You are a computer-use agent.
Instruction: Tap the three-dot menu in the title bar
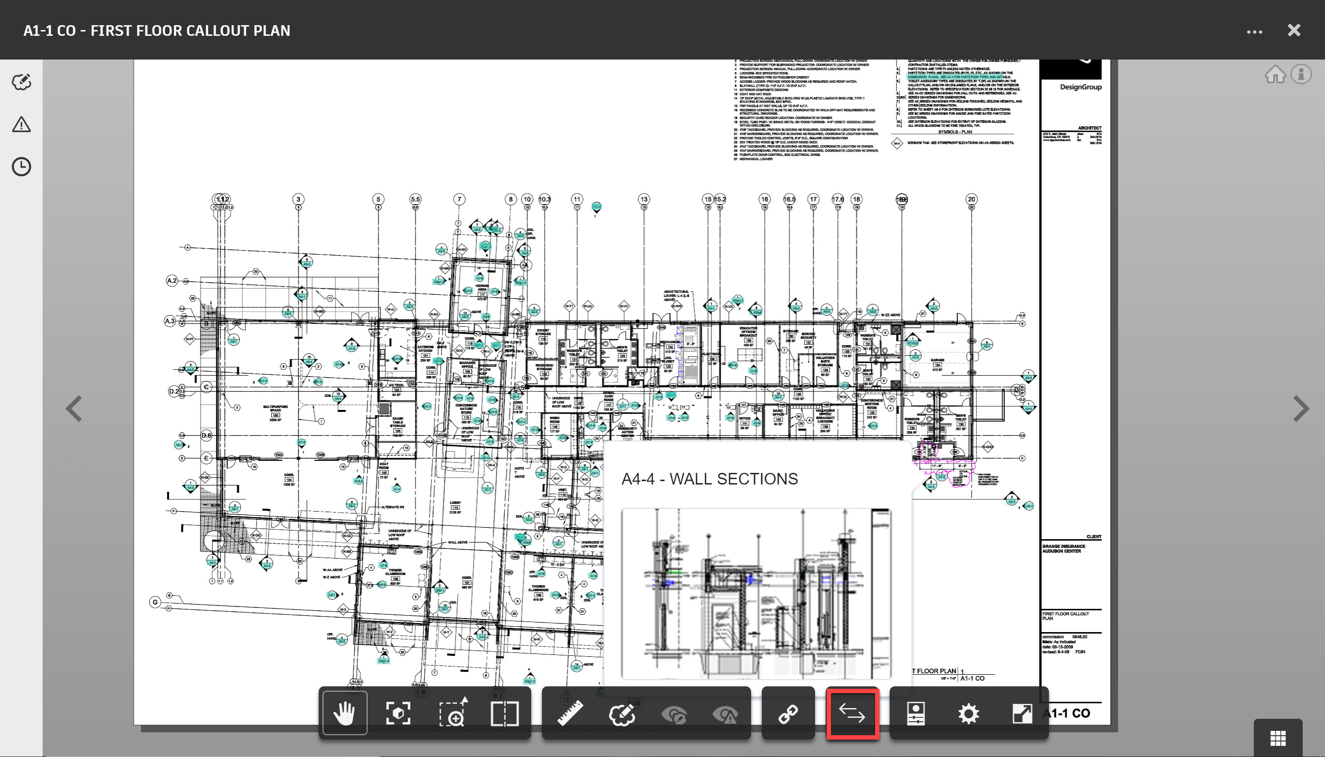[x=1254, y=32]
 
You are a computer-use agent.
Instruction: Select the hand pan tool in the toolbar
[x=344, y=713]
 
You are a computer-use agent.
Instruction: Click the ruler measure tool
[x=570, y=713]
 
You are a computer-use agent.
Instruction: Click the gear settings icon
[x=968, y=713]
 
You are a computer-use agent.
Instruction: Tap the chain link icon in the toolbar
[x=788, y=714]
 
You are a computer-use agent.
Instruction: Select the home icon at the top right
[x=1275, y=75]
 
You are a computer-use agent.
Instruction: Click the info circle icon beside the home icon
[x=1301, y=75]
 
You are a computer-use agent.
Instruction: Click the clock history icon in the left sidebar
[x=21, y=167]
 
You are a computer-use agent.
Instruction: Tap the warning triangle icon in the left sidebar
[x=21, y=125]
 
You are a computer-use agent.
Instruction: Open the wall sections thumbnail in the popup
[x=756, y=593]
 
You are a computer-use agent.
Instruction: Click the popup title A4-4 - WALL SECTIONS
[x=709, y=479]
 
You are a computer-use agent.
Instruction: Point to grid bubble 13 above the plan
[x=644, y=199]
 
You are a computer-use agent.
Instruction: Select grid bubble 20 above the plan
[x=971, y=199]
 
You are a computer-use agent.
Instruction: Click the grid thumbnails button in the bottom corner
[x=1278, y=738]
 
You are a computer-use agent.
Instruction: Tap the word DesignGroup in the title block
[x=1080, y=87]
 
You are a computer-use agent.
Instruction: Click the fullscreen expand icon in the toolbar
[x=1022, y=713]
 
